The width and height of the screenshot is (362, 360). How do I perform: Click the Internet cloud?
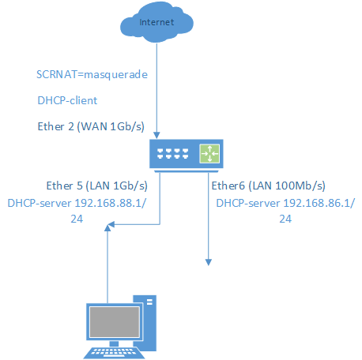(156, 23)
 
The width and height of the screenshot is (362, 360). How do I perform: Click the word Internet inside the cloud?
(156, 22)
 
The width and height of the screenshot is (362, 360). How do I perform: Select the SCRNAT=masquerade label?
(92, 75)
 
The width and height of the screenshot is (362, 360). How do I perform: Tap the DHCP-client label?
(67, 100)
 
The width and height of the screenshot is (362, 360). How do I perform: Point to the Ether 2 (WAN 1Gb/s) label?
(91, 126)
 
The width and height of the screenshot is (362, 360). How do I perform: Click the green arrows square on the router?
(209, 153)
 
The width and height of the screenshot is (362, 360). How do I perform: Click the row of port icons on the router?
(173, 154)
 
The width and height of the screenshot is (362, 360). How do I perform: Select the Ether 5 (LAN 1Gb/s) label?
(96, 186)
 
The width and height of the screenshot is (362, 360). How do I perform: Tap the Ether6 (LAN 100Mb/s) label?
(268, 186)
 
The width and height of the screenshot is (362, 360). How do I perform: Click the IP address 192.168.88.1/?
(111, 203)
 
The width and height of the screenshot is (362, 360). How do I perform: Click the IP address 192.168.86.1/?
(319, 203)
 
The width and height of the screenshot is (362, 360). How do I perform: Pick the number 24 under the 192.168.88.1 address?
(77, 219)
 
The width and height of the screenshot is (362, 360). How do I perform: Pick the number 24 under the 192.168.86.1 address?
(285, 219)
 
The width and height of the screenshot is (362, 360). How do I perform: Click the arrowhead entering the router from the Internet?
(156, 135)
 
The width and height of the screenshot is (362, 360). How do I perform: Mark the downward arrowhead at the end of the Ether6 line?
(209, 262)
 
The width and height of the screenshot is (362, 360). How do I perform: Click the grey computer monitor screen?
(115, 322)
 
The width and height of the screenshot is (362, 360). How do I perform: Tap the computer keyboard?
(114, 353)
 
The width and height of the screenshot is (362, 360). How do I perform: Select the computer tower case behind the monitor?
(145, 323)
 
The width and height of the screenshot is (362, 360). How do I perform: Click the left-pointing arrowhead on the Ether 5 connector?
(111, 224)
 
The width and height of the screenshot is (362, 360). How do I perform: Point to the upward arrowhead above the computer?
(107, 228)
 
